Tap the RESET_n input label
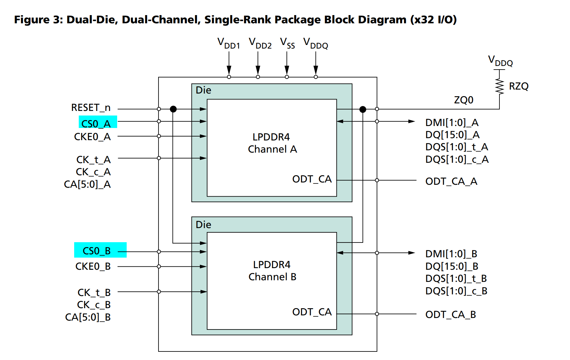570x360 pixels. pyautogui.click(x=91, y=108)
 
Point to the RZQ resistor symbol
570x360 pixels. pyautogui.click(x=499, y=86)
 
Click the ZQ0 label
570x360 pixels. pyautogui.click(x=464, y=100)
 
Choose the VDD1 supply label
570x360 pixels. pyautogui.click(x=229, y=43)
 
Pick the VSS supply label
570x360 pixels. pyautogui.click(x=287, y=43)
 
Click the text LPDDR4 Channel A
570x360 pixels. pyautogui.click(x=272, y=143)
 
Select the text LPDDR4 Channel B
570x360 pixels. pyautogui.click(x=272, y=271)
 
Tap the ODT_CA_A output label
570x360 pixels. pyautogui.click(x=451, y=181)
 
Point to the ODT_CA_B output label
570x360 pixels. pyautogui.click(x=451, y=314)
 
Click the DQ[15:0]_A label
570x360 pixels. pyautogui.click(x=453, y=135)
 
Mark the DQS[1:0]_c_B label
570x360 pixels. pyautogui.click(x=456, y=291)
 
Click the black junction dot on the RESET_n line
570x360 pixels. pyautogui.click(x=173, y=109)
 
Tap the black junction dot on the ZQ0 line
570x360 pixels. pyautogui.click(x=363, y=109)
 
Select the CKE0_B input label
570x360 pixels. pyautogui.click(x=93, y=266)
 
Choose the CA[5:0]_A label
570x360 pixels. pyautogui.click(x=87, y=184)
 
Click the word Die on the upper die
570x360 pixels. pyautogui.click(x=203, y=90)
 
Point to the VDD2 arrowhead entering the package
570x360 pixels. pyautogui.click(x=258, y=70)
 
